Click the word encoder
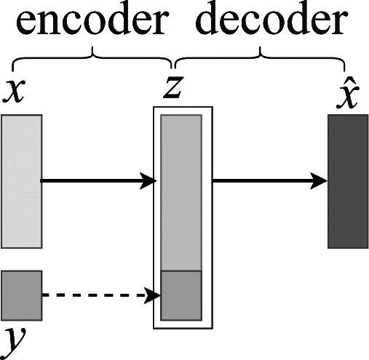[x=92, y=20]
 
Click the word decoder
[x=271, y=19]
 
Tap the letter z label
[x=173, y=87]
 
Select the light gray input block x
[x=21, y=181]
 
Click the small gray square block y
[x=21, y=295]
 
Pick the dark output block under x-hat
[x=348, y=181]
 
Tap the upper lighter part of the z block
[x=181, y=193]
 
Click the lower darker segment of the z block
[x=181, y=295]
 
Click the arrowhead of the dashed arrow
[x=152, y=295]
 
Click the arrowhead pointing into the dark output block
[x=319, y=181]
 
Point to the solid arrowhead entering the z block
[x=148, y=180]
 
